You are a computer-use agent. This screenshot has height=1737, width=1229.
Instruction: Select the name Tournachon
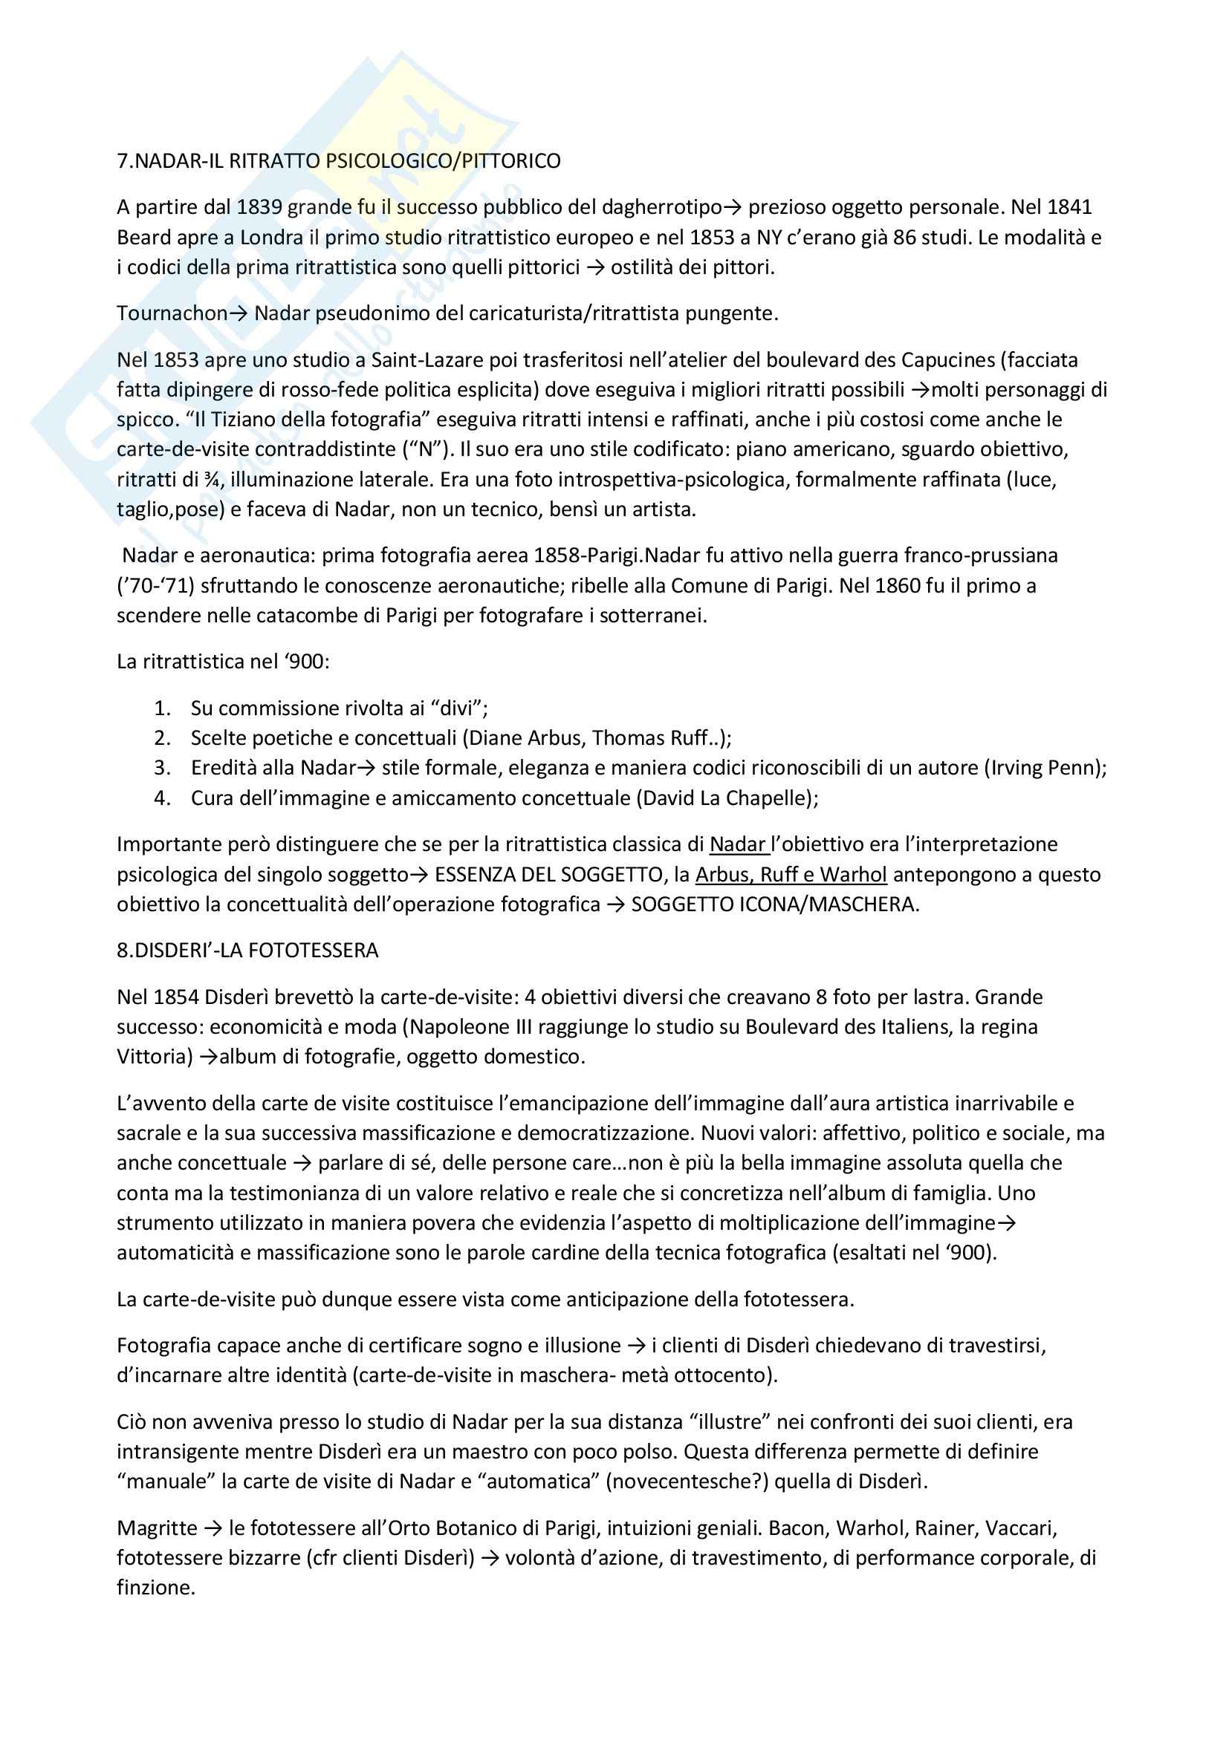(172, 313)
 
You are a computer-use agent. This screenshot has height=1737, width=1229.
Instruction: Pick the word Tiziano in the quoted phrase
(228, 419)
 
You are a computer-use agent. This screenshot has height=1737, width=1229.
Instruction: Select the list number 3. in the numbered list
(162, 768)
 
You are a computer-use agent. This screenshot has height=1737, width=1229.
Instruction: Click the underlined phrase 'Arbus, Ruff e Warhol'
(791, 875)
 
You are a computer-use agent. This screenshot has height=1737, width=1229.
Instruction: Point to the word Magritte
(157, 1528)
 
